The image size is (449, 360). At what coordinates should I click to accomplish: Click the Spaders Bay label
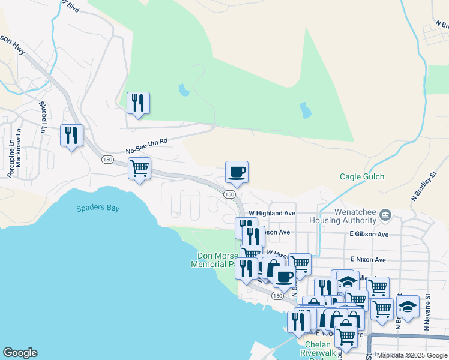[x=98, y=209]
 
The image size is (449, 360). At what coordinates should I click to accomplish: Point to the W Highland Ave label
[x=272, y=213]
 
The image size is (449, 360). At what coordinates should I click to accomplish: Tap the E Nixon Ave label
[x=368, y=259]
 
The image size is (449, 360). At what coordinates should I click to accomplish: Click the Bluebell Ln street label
[x=43, y=116]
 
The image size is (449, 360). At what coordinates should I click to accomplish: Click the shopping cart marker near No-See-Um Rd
[x=139, y=168]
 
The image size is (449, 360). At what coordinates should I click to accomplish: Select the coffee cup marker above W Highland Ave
[x=237, y=172]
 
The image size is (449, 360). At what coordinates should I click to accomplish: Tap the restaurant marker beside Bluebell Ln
[x=72, y=136]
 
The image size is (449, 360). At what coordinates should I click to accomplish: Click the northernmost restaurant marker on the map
[x=139, y=103]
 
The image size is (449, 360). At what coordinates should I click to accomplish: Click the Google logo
[x=20, y=353]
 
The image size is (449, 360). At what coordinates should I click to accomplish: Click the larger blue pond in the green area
[x=306, y=110]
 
